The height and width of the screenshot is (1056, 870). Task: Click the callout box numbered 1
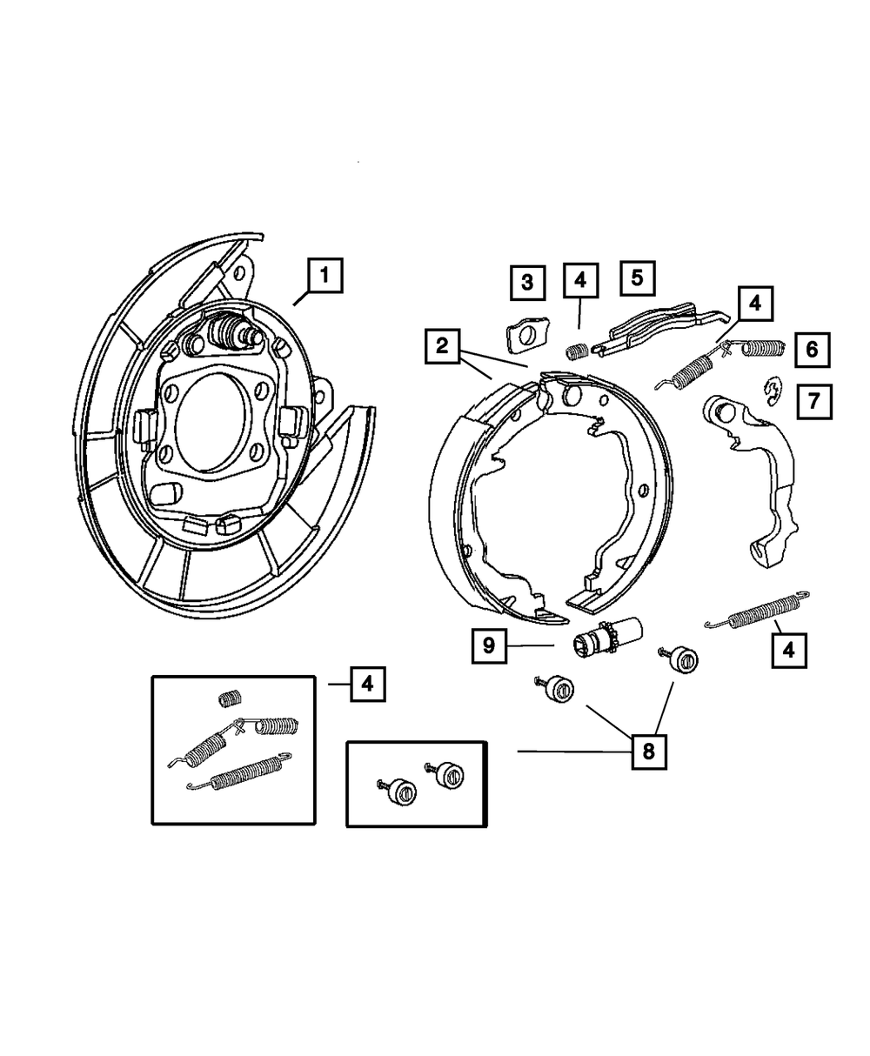tap(324, 278)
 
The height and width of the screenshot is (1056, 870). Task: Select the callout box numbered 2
tap(443, 346)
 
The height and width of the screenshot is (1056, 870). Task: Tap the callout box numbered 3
tap(527, 282)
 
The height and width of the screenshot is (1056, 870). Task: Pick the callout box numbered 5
tap(637, 278)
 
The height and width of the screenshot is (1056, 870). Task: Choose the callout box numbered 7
tap(813, 401)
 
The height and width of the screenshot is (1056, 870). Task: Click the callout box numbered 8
tap(648, 750)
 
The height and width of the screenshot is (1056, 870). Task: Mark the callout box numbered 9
tap(489, 645)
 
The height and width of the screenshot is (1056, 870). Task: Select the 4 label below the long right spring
tap(787, 649)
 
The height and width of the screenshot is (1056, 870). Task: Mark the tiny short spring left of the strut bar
tap(576, 350)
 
